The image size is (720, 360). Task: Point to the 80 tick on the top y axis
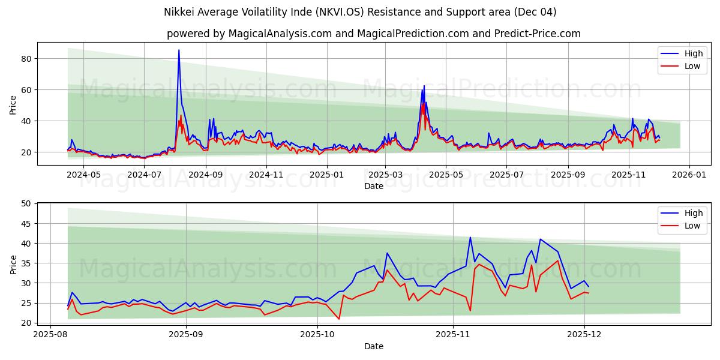click(25, 59)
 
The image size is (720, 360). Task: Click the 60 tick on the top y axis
click(25, 90)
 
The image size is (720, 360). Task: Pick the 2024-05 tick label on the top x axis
click(83, 175)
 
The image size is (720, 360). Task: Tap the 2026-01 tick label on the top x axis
click(689, 175)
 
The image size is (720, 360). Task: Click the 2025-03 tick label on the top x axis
click(385, 175)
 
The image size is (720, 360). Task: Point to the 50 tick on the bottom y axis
click(25, 204)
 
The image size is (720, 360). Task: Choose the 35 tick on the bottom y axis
click(25, 263)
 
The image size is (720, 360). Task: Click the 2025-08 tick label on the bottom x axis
click(50, 334)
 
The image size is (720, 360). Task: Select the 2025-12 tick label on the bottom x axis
click(584, 334)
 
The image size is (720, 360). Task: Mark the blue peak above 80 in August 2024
click(179, 50)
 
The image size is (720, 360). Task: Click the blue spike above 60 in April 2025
click(424, 86)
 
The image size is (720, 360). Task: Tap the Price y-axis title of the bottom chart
click(13, 264)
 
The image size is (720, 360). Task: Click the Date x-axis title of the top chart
click(373, 186)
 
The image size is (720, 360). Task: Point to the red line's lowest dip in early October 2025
click(339, 319)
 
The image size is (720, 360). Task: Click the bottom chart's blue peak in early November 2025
click(470, 238)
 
